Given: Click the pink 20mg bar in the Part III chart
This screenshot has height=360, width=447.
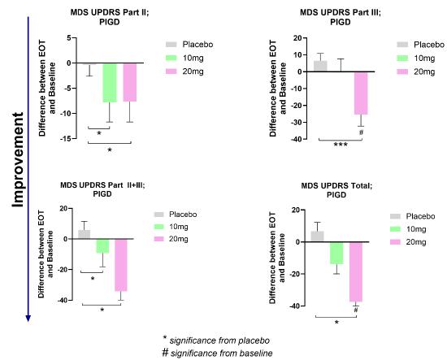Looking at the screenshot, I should (x=360, y=93).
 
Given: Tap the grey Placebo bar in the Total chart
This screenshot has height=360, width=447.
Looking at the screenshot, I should (x=317, y=236).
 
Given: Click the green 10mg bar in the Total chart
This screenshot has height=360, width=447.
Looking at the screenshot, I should (x=336, y=252).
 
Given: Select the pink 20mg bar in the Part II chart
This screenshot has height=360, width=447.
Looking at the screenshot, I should (x=129, y=82).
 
